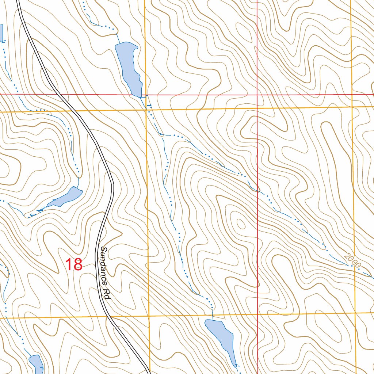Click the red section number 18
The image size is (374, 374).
click(74, 264)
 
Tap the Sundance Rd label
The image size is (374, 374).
click(104, 273)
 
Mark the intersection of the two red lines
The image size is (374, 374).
click(257, 95)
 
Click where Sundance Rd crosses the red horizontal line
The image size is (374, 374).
click(58, 94)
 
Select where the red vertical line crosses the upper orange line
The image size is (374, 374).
click(257, 108)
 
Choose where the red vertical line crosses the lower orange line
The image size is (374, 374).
click(258, 314)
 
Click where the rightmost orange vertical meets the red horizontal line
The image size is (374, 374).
click(351, 95)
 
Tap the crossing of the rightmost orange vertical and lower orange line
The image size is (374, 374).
click(355, 313)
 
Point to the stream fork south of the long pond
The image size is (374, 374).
click(161, 134)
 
